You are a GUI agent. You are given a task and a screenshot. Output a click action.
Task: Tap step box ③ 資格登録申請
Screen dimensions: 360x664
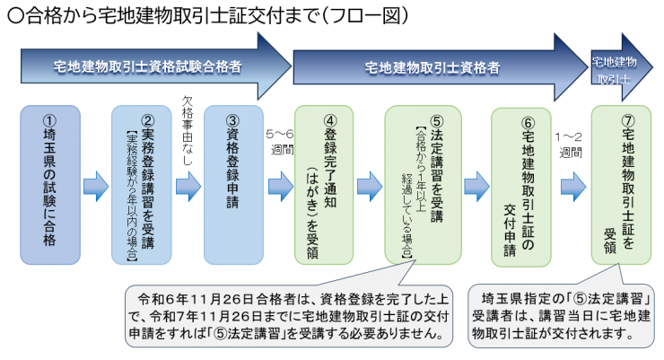[x=233, y=184]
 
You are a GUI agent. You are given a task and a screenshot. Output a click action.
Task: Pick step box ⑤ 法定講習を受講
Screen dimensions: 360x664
[x=423, y=184]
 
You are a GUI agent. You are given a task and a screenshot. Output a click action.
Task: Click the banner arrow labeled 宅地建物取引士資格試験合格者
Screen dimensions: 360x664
[x=148, y=66]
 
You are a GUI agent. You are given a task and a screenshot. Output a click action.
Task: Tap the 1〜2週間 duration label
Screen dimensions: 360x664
[x=571, y=141]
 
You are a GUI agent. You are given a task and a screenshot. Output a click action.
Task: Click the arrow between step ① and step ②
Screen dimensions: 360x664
[x=95, y=186]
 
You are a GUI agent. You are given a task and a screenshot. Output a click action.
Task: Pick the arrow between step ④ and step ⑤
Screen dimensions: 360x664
[x=371, y=186]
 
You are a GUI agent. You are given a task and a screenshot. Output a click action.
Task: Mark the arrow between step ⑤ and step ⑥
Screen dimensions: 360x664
[x=476, y=186]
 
